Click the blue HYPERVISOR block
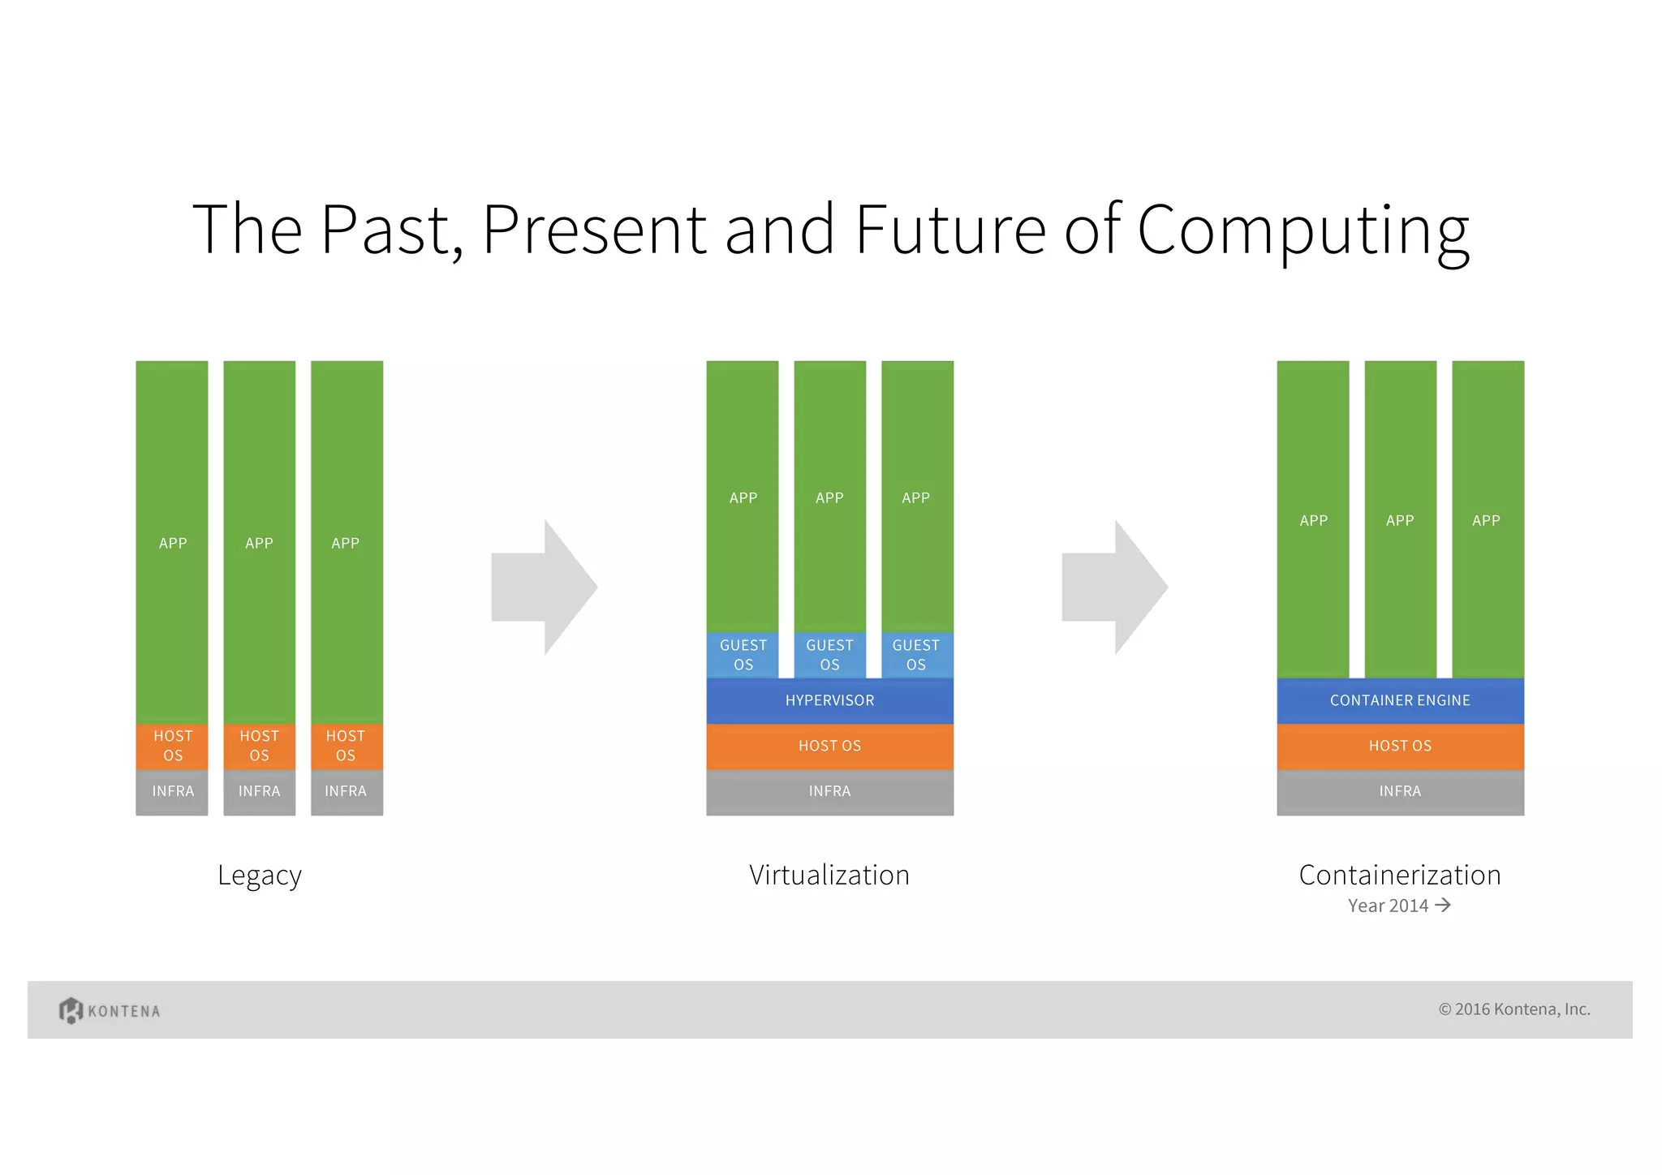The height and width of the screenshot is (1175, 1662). point(829,700)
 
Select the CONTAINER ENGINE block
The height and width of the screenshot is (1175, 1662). point(1400,700)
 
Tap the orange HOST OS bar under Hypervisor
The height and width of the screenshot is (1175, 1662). point(829,746)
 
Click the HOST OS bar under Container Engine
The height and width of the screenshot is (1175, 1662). point(1400,746)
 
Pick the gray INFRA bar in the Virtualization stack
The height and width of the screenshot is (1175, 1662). point(829,791)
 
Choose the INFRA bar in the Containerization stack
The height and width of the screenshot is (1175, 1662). point(1400,791)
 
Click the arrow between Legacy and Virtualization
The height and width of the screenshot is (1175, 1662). point(544,587)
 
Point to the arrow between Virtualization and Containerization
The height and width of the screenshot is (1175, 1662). point(1114,587)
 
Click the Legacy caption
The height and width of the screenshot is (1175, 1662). point(260,876)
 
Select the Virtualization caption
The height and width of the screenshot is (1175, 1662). point(829,875)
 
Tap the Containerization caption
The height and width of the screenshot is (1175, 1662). point(1400,875)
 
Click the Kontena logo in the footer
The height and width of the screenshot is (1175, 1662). point(110,1010)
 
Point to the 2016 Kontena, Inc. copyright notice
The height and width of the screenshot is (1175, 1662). point(1514,1009)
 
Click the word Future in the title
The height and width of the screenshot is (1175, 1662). point(950,230)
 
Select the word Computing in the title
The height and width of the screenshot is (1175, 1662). point(1303,231)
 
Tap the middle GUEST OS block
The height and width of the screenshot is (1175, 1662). point(829,655)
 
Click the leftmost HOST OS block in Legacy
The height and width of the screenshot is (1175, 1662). point(172,746)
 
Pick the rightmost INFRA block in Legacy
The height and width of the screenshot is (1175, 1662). point(347,791)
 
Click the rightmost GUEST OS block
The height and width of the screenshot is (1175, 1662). point(916,655)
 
